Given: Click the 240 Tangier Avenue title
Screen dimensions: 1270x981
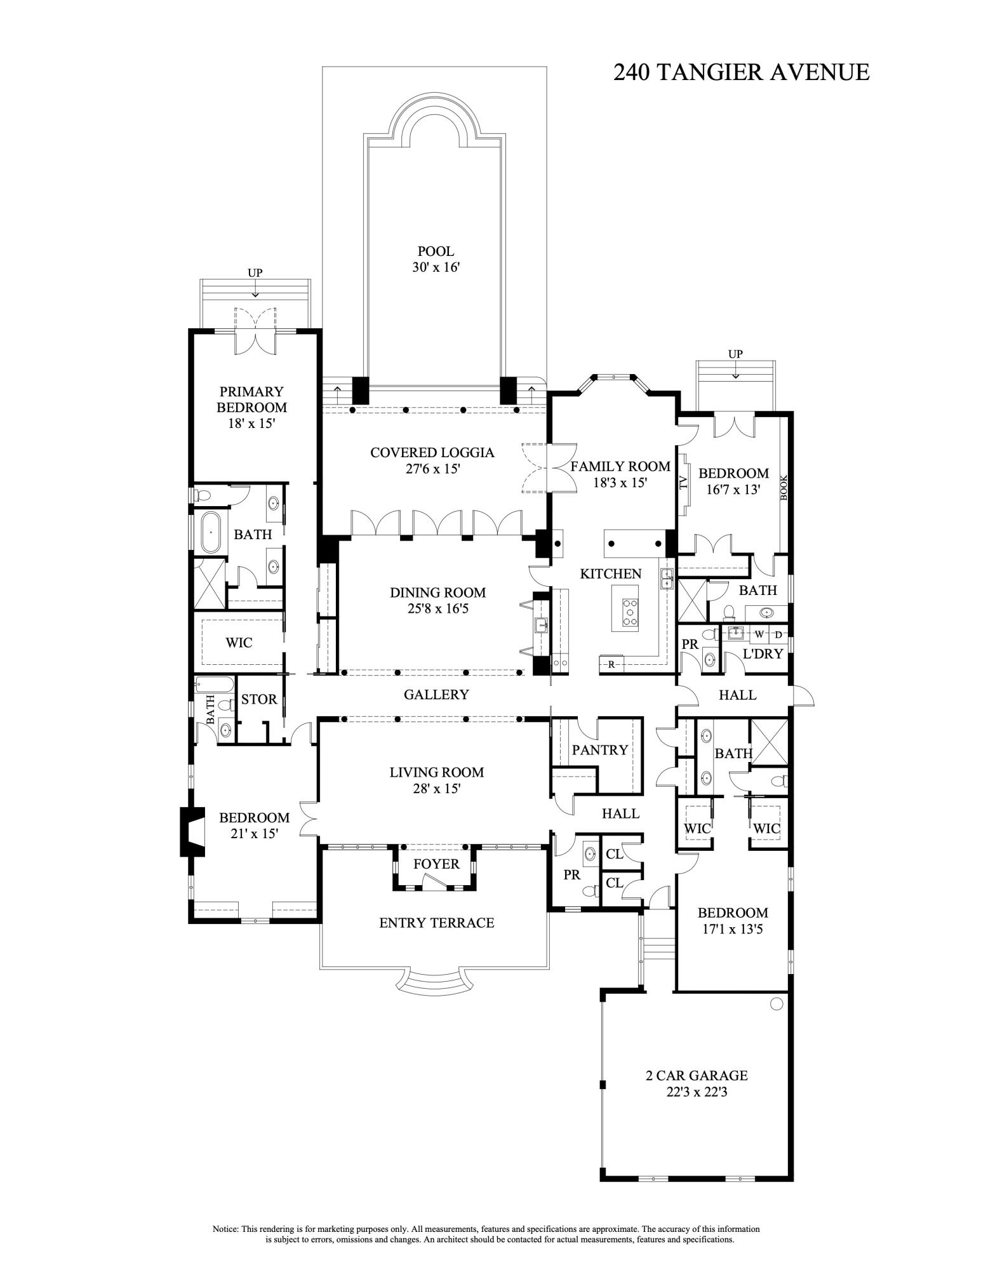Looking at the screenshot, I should click(x=740, y=72).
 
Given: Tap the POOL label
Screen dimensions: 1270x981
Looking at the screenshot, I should click(x=435, y=251).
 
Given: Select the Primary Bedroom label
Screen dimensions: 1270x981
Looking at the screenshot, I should click(x=251, y=399).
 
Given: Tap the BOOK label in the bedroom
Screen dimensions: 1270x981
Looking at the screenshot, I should click(x=784, y=487).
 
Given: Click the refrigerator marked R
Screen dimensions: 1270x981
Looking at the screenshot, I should click(x=611, y=664).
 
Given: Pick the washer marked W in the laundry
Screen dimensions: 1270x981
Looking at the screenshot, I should click(x=759, y=634).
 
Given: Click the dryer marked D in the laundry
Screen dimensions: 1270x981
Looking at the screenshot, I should click(x=778, y=634).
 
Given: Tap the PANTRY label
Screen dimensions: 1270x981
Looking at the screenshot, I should click(x=599, y=750).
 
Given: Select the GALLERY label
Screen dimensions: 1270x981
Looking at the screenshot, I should click(x=436, y=695).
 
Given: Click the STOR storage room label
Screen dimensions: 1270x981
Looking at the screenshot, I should click(x=259, y=699).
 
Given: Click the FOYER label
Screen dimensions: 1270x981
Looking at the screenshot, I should click(x=436, y=864).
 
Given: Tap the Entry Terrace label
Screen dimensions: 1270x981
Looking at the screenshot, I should click(x=436, y=923).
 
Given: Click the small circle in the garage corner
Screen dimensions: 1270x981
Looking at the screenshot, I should click(x=776, y=1004).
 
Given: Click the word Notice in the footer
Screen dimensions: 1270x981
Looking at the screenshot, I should click(x=225, y=1229).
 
